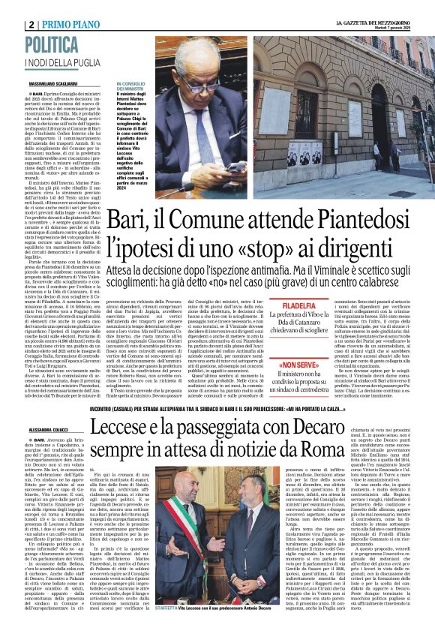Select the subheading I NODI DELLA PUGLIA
56,62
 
